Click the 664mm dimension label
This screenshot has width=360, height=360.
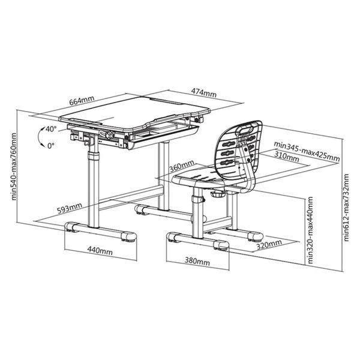coord(82,100)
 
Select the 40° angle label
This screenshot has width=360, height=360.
coord(51,129)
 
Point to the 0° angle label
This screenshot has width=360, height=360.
coord(51,145)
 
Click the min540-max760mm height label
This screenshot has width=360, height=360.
coord(14,166)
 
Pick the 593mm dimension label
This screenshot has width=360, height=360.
coord(70,208)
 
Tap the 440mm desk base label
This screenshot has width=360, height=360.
coord(100,250)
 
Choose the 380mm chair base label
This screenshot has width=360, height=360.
coord(197,261)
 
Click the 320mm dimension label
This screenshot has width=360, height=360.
coord(269,245)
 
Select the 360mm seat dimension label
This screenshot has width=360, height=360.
coord(182,166)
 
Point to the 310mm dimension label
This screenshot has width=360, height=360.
coord(287,156)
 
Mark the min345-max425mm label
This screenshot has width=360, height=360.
coord(307,152)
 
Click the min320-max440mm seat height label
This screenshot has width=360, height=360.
coord(310,230)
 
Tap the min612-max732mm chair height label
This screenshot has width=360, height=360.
coord(346,208)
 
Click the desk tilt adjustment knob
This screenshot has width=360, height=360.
coord(109,134)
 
